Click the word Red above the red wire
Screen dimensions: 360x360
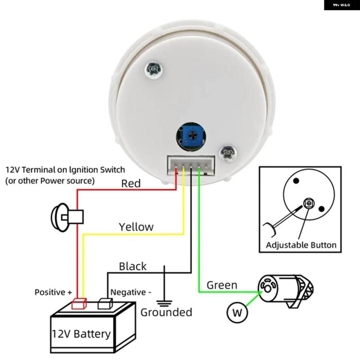pos(131,184)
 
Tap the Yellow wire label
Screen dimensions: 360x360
pos(136,227)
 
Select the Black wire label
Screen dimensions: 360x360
pos(132,266)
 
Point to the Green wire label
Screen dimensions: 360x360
pos(222,285)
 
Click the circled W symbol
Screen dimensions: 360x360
pos(237,312)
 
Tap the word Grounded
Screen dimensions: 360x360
pos(166,312)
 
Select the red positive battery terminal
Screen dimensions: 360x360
pos(79,304)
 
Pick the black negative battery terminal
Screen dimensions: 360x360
pos(105,304)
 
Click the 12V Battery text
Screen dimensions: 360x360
pos(81,334)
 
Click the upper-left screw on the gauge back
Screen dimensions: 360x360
pos(154,69)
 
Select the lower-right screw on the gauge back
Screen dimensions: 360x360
pos(228,153)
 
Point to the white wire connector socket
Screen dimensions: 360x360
pos(191,166)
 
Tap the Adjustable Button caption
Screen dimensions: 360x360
pos(301,245)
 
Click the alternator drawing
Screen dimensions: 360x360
pos(286,291)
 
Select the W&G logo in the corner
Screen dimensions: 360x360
pos(342,5)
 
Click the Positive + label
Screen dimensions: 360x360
pos(53,292)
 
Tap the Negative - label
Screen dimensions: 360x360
pos(131,292)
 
